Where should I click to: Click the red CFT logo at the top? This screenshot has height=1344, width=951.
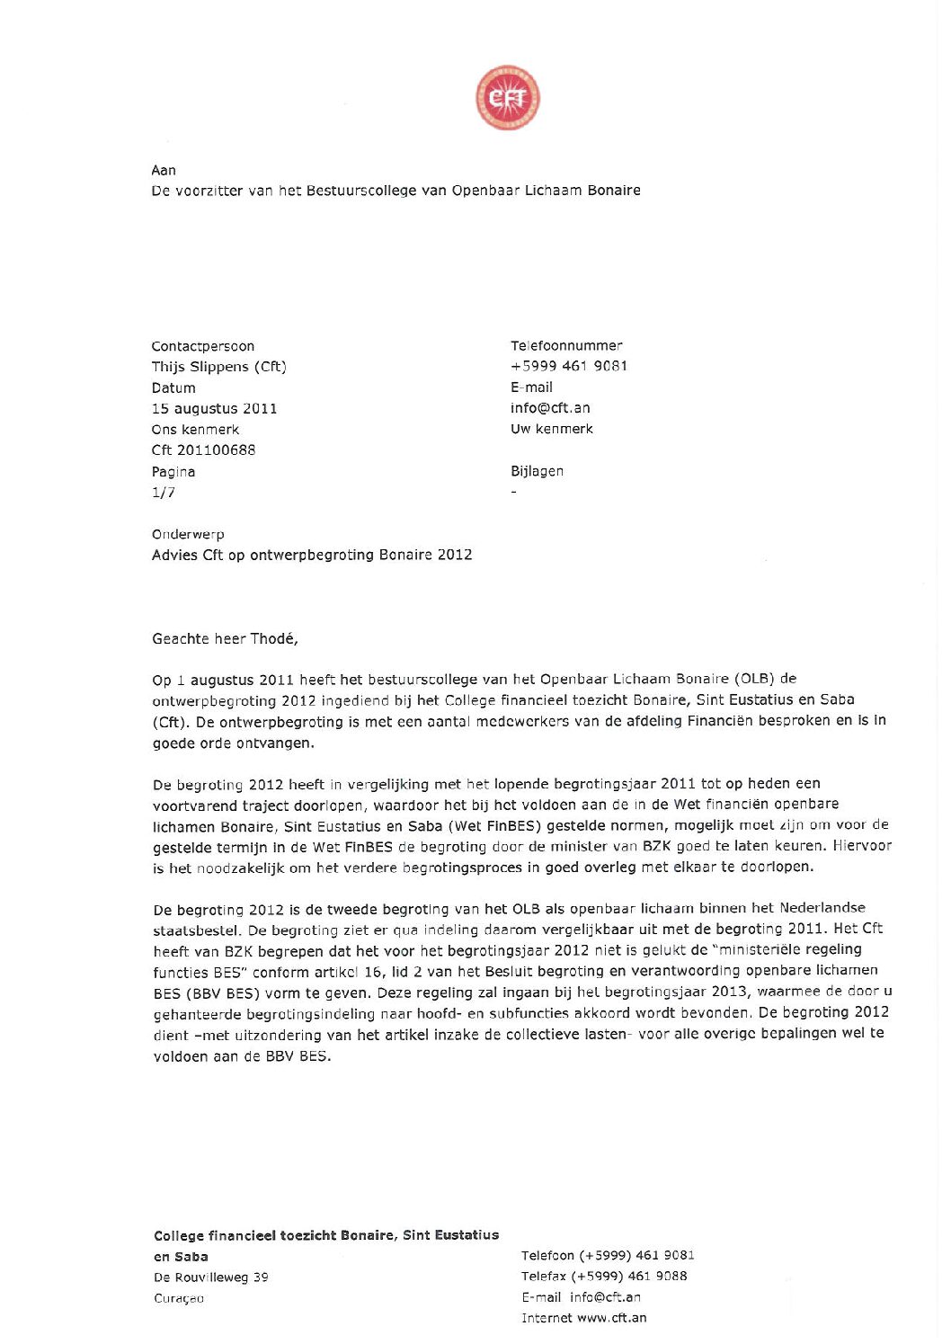508,97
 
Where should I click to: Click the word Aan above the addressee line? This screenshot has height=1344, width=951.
164,170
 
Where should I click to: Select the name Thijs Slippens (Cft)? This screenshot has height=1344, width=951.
218,367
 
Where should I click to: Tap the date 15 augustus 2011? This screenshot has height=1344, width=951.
214,408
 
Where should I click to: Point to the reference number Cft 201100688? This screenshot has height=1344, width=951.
203,449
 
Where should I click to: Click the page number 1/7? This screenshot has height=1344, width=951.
164,492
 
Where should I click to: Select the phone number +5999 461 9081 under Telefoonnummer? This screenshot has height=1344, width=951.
569,366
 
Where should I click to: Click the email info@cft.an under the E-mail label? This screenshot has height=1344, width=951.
550,407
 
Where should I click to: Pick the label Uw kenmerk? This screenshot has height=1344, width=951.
552,429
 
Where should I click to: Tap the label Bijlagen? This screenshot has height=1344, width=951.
537,471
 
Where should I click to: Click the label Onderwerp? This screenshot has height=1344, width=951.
188,534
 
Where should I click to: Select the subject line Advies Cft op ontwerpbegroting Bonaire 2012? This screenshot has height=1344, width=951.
312,555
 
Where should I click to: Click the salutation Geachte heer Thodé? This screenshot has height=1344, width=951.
225,638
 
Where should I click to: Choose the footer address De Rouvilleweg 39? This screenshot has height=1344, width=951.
210,1277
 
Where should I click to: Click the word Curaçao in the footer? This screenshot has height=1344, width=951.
179,1298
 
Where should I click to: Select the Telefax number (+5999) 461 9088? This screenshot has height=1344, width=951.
630,1276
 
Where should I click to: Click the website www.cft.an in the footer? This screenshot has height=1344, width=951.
611,1318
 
